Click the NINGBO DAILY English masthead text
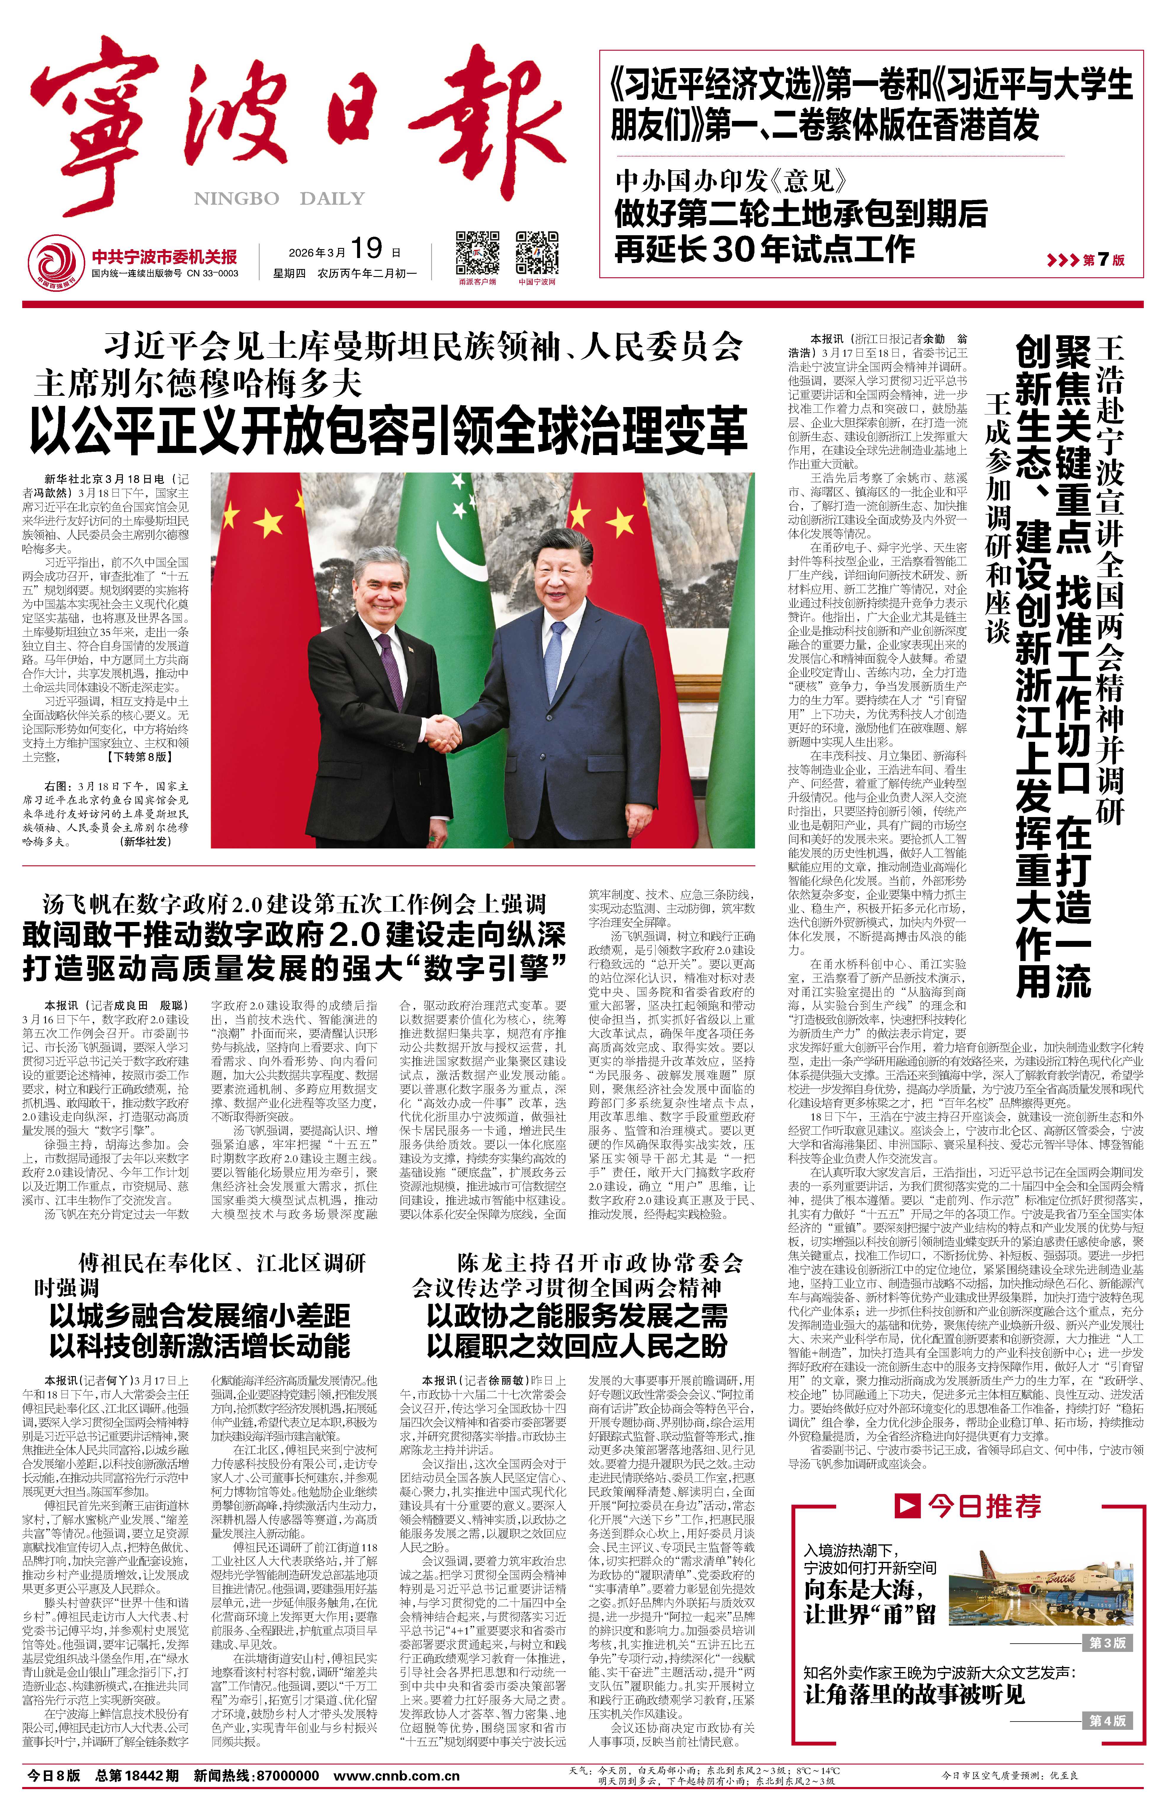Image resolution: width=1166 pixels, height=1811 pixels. pos(279,199)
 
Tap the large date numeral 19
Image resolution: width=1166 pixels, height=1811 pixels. pos(367,249)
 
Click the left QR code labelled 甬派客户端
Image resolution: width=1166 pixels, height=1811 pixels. pos(477,253)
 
